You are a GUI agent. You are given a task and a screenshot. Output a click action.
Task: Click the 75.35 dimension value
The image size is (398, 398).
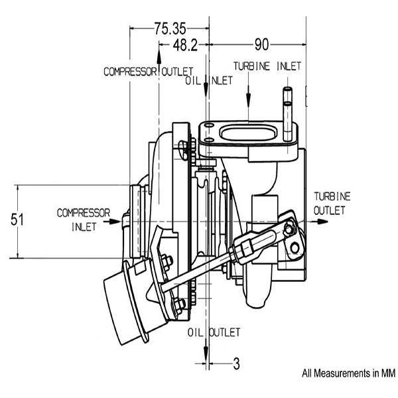(x=170, y=29)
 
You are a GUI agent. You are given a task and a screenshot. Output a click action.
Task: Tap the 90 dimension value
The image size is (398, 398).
(x=261, y=44)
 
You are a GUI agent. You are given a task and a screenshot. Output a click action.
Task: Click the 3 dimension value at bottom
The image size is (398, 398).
(x=236, y=363)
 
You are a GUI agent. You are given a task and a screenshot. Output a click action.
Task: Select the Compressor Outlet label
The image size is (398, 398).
(x=148, y=71)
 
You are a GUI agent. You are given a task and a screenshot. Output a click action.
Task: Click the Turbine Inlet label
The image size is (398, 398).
(x=267, y=66)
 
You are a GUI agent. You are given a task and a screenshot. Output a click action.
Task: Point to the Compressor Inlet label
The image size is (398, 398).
(x=83, y=219)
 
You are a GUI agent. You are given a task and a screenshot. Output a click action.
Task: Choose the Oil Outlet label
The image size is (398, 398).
(x=214, y=332)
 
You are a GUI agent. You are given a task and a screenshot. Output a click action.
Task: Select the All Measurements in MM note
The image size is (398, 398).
(x=348, y=373)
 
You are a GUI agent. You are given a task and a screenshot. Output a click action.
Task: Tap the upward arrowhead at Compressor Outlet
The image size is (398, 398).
(x=159, y=47)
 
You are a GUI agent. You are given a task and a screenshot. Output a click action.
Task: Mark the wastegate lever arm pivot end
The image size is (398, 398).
(x=289, y=229)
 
